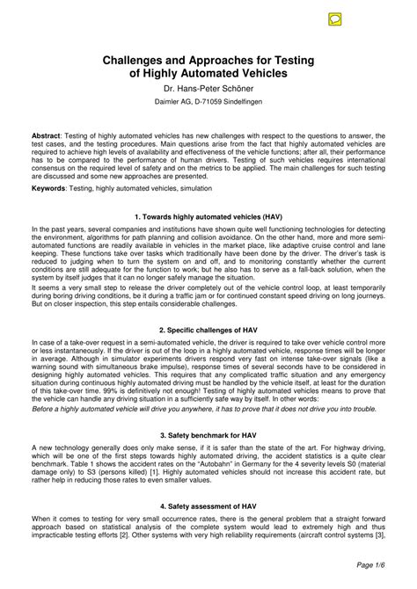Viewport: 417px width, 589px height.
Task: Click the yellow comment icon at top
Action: pos(335,18)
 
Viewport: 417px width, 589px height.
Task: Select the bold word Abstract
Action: pos(46,136)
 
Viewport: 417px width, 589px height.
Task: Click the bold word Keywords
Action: pos(48,187)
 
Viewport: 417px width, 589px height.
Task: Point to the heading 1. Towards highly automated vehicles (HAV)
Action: pos(208,215)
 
